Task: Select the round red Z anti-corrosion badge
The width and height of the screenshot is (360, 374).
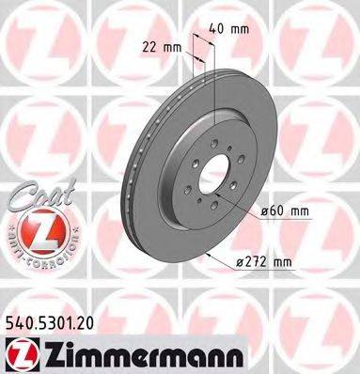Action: (32, 229)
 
